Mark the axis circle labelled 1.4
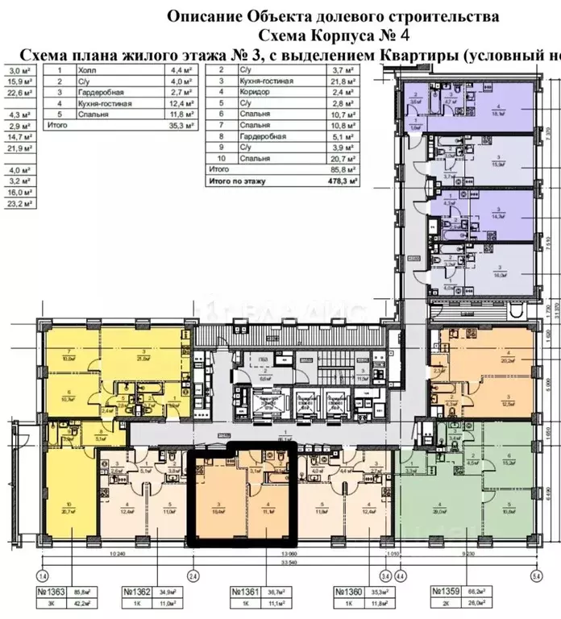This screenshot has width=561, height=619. click(x=43, y=576)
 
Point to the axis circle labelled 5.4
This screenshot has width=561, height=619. click(x=537, y=576)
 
